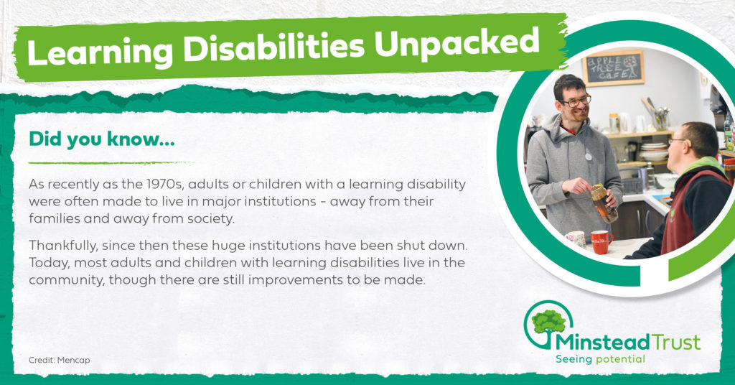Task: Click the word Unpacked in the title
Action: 457,44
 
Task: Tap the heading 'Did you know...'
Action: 102,139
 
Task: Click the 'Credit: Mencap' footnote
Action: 59,360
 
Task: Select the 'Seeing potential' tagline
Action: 600,360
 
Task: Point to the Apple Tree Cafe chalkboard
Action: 613,68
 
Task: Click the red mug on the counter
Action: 601,242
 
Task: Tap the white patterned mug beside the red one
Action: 576,239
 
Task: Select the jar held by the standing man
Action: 604,203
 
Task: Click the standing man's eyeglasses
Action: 576,101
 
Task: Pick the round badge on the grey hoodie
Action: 589,157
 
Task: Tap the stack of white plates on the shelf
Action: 653,152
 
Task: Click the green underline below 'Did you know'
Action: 111,163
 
